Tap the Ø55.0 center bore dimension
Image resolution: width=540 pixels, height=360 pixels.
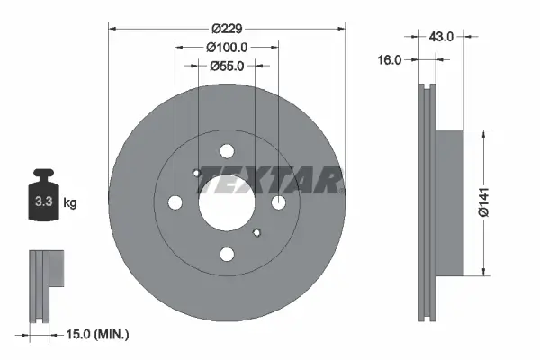coord(227,66)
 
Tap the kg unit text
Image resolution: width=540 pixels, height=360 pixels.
coord(70,203)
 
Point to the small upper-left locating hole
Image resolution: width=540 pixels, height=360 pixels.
coord(197,173)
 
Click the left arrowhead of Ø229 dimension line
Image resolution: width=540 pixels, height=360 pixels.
coord(113,28)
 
